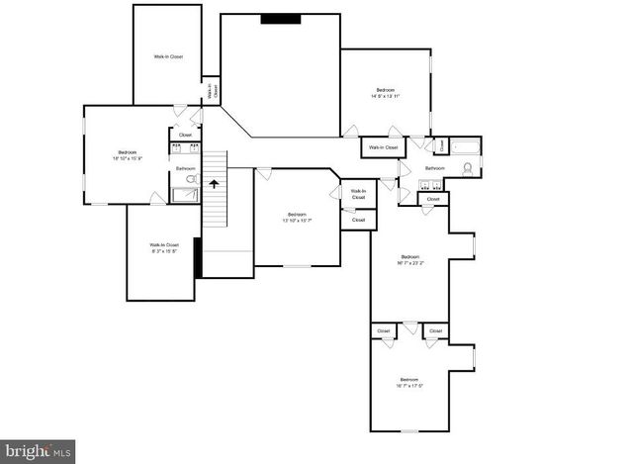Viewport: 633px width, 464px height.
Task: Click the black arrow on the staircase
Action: pos(214,183)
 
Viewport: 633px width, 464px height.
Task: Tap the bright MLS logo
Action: pos(38,451)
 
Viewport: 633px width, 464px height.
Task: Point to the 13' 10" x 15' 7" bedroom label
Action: pos(297,218)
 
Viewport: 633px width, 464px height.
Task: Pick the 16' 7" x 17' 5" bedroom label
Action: pos(409,382)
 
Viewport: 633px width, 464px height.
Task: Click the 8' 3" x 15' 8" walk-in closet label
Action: pos(164,247)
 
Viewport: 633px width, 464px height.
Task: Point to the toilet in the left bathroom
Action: pos(192,180)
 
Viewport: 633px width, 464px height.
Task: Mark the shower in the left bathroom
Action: pos(185,195)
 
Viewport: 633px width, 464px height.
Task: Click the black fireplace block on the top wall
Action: pos(281,19)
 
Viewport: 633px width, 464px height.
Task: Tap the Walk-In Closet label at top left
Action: pos(168,56)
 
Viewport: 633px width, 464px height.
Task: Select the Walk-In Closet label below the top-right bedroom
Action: pos(383,147)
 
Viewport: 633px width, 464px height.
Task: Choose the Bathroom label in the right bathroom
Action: pos(435,168)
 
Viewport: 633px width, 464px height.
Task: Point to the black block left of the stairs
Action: pos(198,258)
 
